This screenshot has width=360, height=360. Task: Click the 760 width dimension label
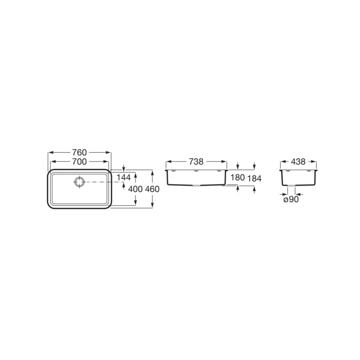click(80, 153)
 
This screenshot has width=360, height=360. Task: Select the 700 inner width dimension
click(80, 162)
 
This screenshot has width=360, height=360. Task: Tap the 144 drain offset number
click(123, 177)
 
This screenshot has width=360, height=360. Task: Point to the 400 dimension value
click(135, 189)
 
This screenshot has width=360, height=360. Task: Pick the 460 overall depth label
click(152, 189)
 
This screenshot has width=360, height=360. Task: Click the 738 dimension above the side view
click(196, 162)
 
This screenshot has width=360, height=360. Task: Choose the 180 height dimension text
click(238, 177)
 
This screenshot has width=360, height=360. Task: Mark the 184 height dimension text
click(254, 178)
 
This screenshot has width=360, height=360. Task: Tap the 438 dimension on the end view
click(298, 162)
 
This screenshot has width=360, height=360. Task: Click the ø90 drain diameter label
click(291, 199)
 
